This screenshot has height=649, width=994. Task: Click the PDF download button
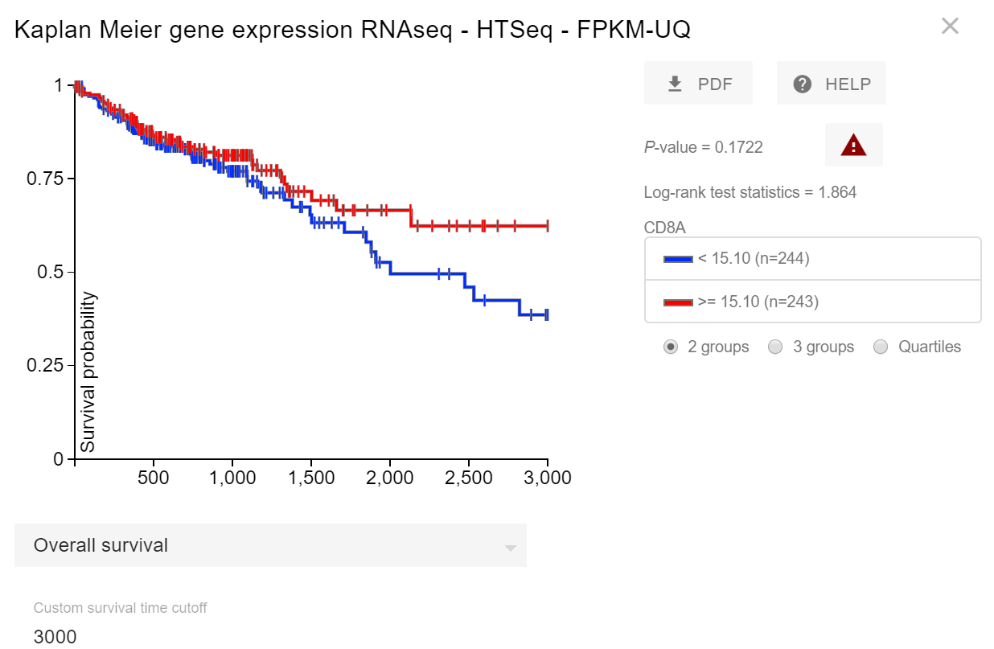pos(698,84)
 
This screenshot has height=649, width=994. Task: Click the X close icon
pos(950,27)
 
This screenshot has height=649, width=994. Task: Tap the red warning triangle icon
pos(853,146)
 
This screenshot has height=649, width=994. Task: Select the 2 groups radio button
pos(671,347)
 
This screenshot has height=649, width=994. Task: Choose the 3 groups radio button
pos(775,347)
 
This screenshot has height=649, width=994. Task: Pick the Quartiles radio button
pos(881,347)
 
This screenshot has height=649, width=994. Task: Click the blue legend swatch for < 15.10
pos(678,259)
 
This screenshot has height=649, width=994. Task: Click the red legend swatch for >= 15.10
pos(678,302)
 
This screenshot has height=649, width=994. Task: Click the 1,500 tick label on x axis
pos(310,478)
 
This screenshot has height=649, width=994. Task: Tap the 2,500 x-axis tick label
pos(468,478)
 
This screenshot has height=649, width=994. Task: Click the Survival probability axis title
pos(88,372)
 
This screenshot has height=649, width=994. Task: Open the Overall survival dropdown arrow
pos(510,548)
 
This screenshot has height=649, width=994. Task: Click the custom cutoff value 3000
pos(55,637)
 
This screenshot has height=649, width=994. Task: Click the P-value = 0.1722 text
pos(703,147)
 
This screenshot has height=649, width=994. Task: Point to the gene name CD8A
pos(664,228)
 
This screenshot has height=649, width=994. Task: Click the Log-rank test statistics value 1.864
pos(836,192)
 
